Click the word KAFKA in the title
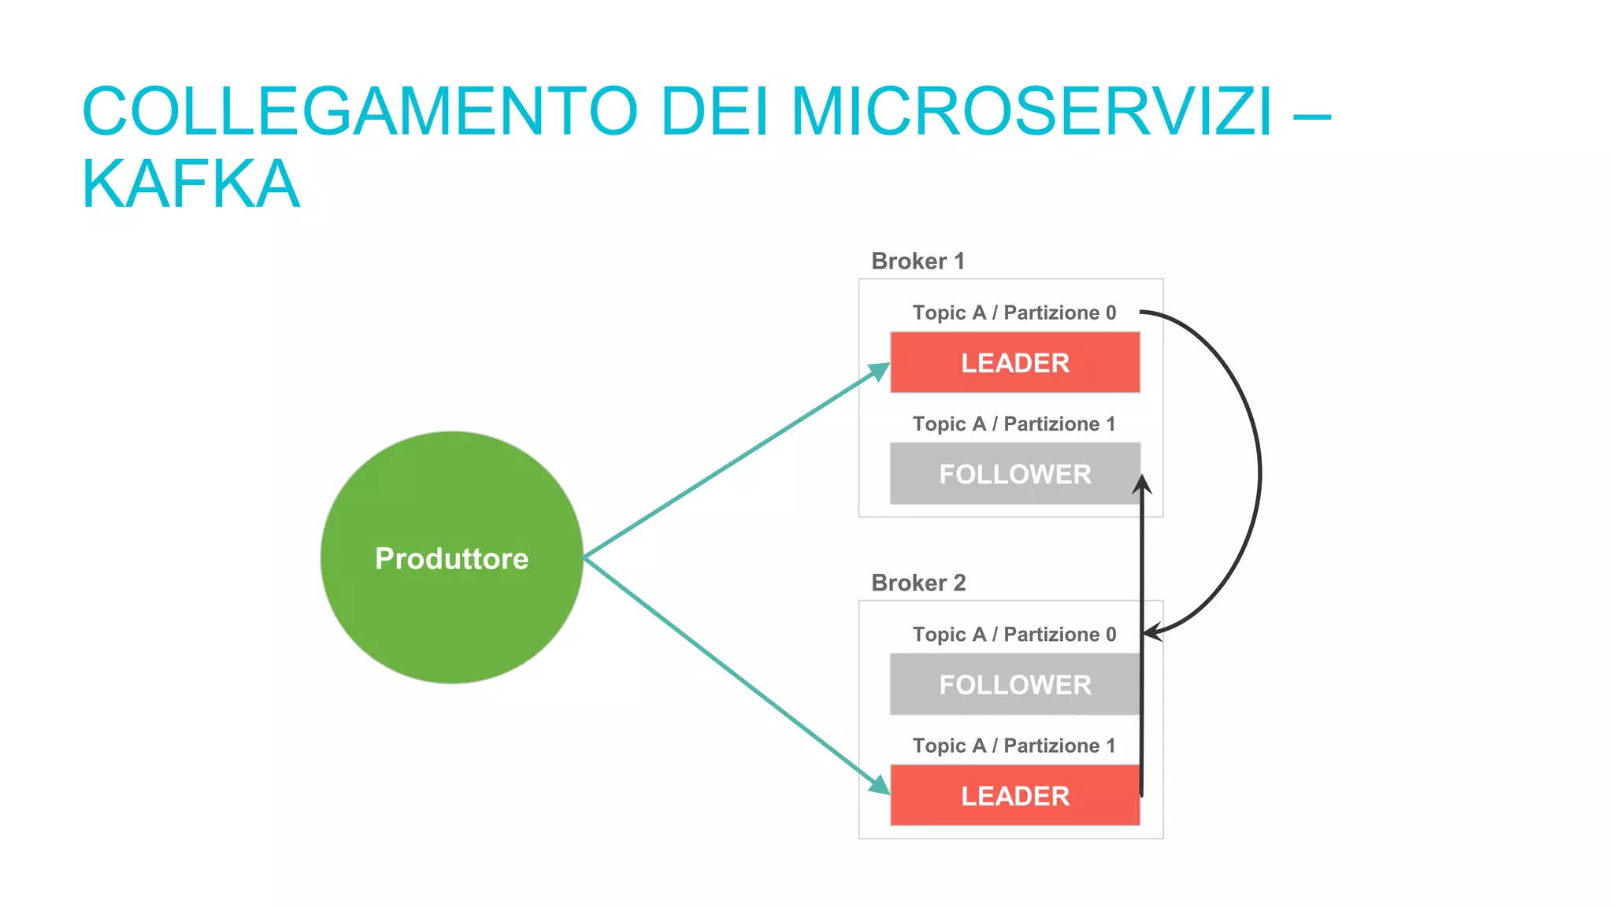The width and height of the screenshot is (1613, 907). pos(191,184)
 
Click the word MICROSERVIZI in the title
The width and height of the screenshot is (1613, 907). pos(1032,112)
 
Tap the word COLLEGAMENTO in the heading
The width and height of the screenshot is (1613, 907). pos(359,112)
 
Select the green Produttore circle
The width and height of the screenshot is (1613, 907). pos(451,557)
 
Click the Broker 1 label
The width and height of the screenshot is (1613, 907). pos(918,261)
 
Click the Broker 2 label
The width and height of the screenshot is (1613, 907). pos(918,583)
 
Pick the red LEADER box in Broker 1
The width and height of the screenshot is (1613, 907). pos(1014,363)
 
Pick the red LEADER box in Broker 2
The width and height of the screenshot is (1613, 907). pos(1014,795)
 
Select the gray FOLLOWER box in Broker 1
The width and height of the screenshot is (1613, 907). pos(1014,474)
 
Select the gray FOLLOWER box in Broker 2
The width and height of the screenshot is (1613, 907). pos(1014,684)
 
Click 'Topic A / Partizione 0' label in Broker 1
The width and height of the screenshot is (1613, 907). pos(1014,313)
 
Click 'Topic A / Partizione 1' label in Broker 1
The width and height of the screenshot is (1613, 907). pos(1014,424)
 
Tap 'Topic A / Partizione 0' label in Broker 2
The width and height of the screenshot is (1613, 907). pos(1014,635)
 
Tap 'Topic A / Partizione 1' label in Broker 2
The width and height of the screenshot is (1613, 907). pos(1014,746)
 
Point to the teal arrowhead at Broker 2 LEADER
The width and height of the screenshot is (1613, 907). pos(879,784)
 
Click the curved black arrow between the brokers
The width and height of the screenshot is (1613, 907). pos(1259,472)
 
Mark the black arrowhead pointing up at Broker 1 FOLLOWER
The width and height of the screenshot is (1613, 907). pos(1142,484)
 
